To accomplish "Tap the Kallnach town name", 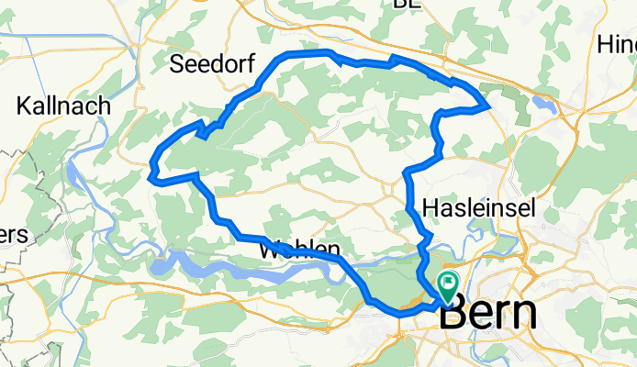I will [x=63, y=106].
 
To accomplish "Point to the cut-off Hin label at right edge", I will [x=616, y=44].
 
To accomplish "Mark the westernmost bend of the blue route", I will [x=151, y=169].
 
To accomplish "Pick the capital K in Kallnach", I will [x=24, y=106].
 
